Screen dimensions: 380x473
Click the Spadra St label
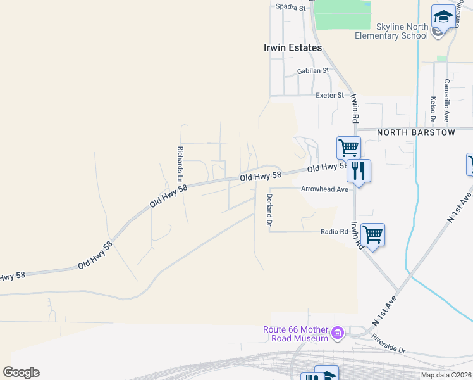pos(291,8)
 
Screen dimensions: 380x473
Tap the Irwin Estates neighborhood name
pos(292,47)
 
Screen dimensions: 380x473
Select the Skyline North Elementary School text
pos(392,31)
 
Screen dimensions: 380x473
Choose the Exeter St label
pos(329,95)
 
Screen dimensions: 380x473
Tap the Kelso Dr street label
pos(433,109)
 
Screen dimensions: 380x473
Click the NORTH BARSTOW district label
pos(415,132)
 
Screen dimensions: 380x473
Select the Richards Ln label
pos(180,161)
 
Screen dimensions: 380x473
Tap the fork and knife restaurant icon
pos(359,170)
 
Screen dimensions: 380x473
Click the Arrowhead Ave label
pos(324,189)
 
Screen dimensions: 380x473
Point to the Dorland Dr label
pos(269,211)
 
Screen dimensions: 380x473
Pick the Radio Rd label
pos(334,231)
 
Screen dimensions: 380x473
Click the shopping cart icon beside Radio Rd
pos(373,234)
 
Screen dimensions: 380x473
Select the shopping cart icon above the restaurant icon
pos(348,148)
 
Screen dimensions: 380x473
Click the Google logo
pos(21,372)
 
